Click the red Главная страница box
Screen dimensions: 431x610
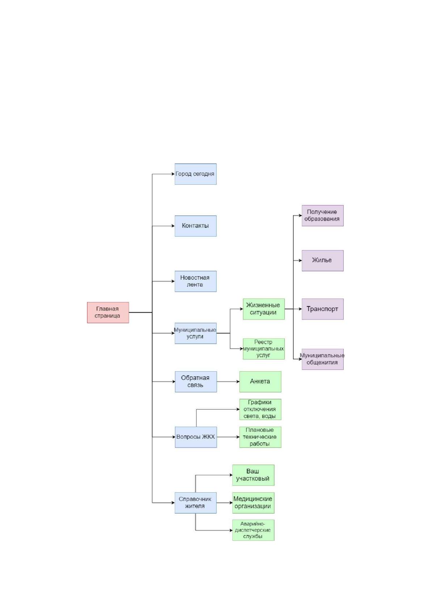click(108, 313)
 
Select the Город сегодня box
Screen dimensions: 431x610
click(196, 174)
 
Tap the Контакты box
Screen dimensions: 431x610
click(196, 226)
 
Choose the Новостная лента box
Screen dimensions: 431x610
click(196, 281)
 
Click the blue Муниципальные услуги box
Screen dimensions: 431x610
click(196, 333)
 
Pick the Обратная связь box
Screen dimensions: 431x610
click(196, 382)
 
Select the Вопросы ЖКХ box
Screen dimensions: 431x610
click(196, 437)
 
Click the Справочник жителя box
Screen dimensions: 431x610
click(196, 503)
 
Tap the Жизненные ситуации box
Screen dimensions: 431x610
click(264, 309)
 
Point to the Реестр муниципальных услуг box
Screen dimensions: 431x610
click(264, 349)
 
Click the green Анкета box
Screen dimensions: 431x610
click(261, 382)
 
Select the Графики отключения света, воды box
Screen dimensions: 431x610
click(261, 409)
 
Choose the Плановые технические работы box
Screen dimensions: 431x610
click(261, 437)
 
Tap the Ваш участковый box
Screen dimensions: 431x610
click(253, 475)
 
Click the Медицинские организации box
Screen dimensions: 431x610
click(253, 503)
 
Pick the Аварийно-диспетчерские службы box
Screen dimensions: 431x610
click(253, 530)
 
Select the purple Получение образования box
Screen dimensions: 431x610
click(323, 216)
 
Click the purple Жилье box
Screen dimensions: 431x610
click(323, 260)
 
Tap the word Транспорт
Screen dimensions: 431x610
click(322, 309)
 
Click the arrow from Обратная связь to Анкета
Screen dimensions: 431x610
click(228, 382)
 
